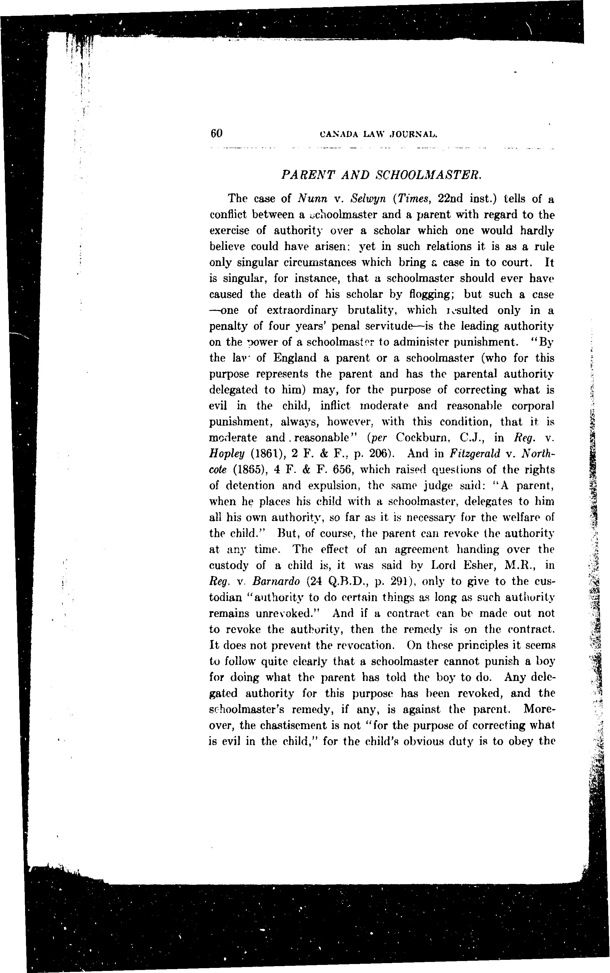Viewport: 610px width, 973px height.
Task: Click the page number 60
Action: point(217,134)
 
